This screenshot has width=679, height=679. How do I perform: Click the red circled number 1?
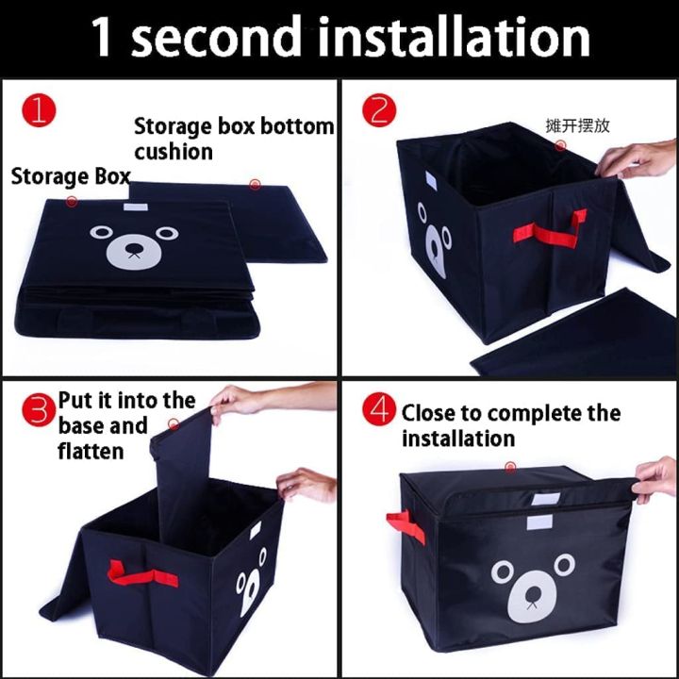[x=39, y=111]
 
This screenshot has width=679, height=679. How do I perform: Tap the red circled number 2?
[x=379, y=111]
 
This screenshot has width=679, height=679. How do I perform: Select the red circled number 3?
[x=39, y=409]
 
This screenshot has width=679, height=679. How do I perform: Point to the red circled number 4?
[x=379, y=409]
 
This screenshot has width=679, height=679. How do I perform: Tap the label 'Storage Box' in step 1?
[x=71, y=176]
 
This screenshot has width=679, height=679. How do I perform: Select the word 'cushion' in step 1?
[x=174, y=152]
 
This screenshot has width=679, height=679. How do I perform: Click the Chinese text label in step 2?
[x=577, y=125]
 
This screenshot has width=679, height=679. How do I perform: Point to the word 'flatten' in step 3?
[x=91, y=451]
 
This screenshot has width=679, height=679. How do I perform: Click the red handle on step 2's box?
[x=551, y=228]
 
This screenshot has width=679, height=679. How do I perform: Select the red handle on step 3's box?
[x=142, y=574]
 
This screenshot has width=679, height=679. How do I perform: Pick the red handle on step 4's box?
[x=406, y=526]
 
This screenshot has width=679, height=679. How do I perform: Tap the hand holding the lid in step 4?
[x=656, y=480]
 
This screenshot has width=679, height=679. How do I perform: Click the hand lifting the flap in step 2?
[x=637, y=159]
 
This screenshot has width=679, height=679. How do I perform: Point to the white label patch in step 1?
[x=136, y=207]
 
